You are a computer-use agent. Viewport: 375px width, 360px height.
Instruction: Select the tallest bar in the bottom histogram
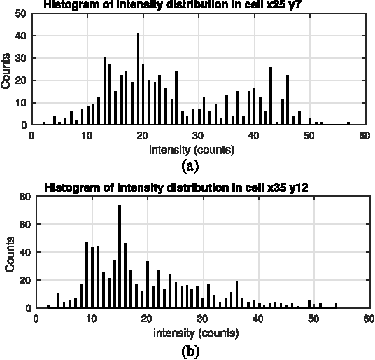coord(120,256)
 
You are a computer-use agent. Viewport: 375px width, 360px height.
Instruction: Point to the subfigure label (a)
coord(190,166)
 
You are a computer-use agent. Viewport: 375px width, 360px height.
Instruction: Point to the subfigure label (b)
coord(190,351)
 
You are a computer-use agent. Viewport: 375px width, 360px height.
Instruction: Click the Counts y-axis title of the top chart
coord(6,69)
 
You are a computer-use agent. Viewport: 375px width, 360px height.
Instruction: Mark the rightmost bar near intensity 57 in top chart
coord(348,123)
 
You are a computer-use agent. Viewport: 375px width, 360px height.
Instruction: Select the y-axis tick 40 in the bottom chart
coord(25,252)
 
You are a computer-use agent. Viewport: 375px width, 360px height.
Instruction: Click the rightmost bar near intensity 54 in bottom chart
coord(336,305)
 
